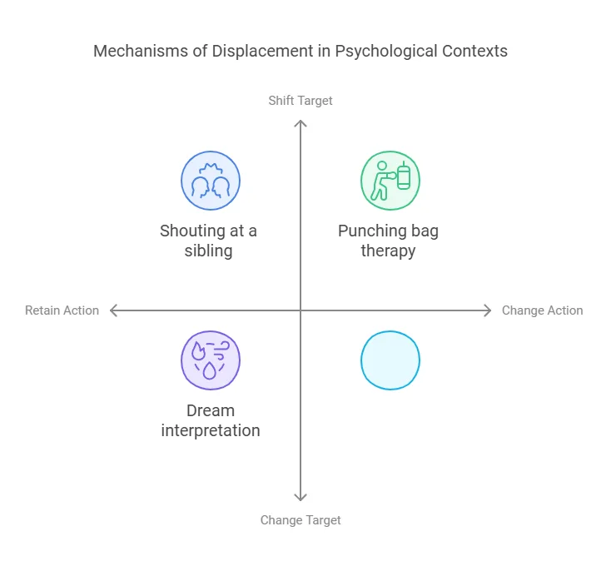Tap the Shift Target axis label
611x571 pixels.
coord(301,101)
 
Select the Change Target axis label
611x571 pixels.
coord(301,520)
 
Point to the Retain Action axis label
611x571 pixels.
coord(62,310)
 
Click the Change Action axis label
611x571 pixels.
coord(542,310)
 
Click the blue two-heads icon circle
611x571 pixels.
coord(211,181)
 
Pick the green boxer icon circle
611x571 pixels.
coord(390,181)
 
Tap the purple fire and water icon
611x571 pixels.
coord(211,360)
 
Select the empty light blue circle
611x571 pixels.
coord(390,360)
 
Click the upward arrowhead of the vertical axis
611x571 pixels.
coord(301,123)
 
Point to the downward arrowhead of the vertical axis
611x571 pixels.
coord(301,498)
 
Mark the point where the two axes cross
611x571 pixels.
coord(301,310)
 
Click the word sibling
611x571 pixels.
coord(209,251)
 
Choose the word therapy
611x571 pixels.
coord(388,251)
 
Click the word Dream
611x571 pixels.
coord(211,410)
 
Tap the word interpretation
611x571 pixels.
coord(211,430)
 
